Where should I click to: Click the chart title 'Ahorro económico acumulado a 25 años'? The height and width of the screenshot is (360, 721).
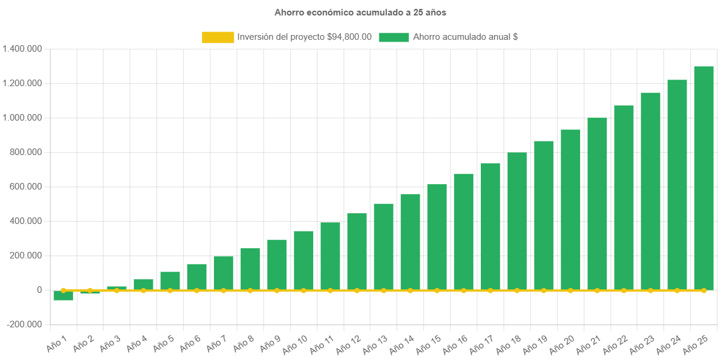pos(360,12)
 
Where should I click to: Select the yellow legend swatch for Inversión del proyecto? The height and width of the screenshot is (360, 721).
pos(218,37)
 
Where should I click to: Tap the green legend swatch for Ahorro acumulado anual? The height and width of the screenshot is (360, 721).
pos(393,37)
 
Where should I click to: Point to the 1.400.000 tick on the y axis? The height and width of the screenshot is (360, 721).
pos(22,49)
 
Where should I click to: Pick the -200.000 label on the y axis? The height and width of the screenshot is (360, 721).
pos(25,324)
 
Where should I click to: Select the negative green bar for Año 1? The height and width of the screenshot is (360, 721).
pos(63,296)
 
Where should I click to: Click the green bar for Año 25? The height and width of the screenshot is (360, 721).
pos(704,178)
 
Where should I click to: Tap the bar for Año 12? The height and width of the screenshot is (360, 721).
pos(357,251)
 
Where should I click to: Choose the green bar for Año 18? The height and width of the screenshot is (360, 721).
pos(517,221)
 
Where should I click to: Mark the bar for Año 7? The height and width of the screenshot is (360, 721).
pos(223,273)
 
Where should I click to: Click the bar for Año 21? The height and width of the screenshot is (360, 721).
pos(597,204)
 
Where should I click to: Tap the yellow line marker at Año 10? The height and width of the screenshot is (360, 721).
pos(303,290)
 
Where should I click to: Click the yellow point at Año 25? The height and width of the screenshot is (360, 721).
pos(704,290)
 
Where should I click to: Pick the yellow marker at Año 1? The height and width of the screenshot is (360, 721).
pos(63,290)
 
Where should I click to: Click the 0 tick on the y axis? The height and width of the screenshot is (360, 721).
pos(39,290)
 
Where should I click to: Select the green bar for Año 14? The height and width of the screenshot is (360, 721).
pos(410,242)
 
